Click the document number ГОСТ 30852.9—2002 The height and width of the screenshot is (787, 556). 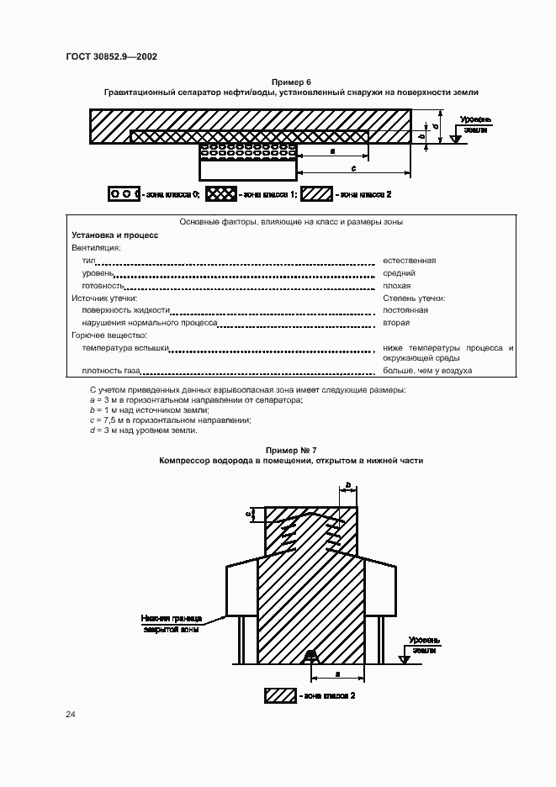111,57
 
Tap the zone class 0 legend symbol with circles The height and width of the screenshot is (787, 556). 124,194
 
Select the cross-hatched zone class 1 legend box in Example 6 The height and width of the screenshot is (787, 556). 222,194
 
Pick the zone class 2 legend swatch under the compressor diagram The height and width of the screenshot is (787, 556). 280,695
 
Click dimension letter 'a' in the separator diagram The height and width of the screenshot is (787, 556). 334,151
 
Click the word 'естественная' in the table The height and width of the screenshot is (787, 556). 409,261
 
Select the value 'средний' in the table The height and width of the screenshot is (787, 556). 399,273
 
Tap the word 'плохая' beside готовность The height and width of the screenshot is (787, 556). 396,286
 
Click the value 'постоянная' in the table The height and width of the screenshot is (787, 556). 405,310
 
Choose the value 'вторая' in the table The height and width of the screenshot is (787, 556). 396,323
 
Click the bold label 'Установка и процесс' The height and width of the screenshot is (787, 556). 115,235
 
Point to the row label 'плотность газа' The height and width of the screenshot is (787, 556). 111,371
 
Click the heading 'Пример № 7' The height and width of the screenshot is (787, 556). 290,452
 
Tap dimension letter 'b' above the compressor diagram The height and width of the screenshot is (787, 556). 348,486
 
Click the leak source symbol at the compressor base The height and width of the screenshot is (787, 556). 310,655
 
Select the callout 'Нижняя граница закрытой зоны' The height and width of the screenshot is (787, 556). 170,622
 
